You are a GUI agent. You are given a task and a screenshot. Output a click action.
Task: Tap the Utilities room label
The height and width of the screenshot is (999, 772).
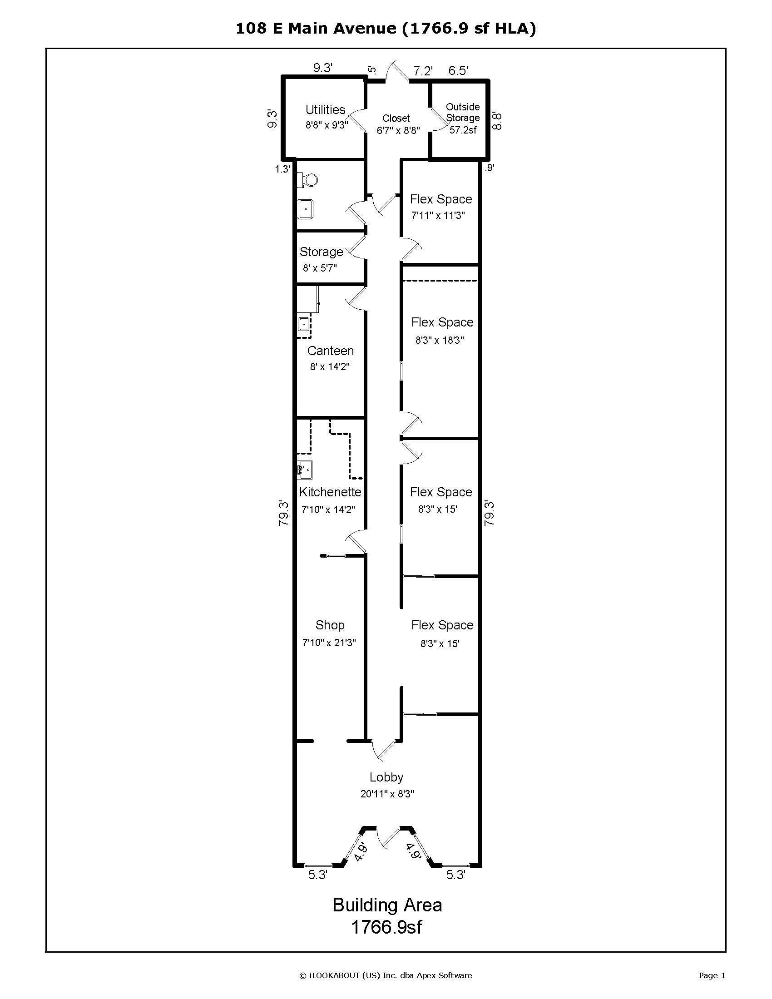pos(325,110)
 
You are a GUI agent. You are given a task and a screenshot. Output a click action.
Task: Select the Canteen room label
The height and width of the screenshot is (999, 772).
pos(330,351)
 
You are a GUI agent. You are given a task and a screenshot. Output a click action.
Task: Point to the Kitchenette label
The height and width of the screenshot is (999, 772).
pos(330,492)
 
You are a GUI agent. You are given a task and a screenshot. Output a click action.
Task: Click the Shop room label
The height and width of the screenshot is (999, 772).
pos(330,625)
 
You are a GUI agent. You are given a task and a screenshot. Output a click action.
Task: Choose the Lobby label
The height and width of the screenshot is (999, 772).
pos(386,777)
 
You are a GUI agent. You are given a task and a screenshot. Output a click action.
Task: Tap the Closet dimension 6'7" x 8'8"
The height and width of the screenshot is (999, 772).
pos(398,130)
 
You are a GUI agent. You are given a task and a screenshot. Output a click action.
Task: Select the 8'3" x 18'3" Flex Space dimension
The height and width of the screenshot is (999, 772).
pos(440,340)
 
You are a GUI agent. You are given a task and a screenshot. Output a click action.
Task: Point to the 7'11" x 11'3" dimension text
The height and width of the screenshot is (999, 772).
pos(438,215)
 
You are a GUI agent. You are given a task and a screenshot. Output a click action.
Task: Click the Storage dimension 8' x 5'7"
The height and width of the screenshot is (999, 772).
pos(320,268)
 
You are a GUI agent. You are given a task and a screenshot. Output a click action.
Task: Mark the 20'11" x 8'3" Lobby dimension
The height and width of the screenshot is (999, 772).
pos(387,794)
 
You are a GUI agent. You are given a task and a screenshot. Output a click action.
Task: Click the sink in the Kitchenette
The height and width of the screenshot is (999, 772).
pos(305,470)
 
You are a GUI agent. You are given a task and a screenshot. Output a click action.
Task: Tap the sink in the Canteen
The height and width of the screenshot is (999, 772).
pos(304,324)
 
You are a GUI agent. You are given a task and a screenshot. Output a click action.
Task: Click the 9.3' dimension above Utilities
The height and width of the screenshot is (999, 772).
pos(322,68)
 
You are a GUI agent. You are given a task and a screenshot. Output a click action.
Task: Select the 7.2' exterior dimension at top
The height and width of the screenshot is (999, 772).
pos(423,71)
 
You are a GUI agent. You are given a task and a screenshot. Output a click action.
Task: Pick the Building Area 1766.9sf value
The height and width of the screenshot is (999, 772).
pos(386,927)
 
